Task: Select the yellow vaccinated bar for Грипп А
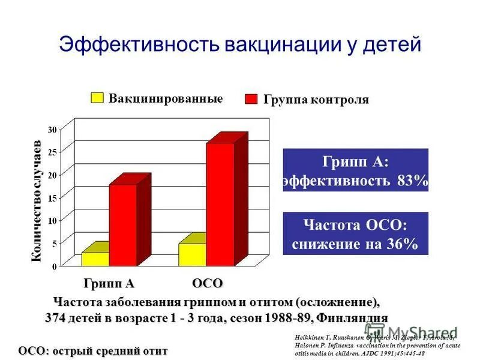95,259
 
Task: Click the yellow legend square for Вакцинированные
97,98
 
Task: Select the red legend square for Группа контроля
252,99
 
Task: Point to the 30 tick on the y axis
52,130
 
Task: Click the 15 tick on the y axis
52,197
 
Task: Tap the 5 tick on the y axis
54,244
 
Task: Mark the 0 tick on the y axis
54,266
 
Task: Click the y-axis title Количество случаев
35,202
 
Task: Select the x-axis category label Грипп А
109,283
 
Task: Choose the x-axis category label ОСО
208,283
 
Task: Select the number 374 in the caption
56,317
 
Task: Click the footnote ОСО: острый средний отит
93,350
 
